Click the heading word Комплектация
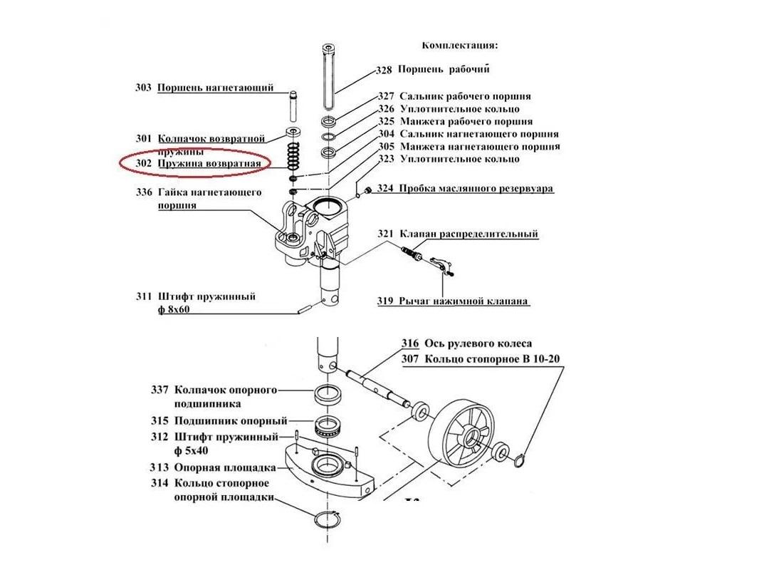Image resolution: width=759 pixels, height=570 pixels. [459, 46]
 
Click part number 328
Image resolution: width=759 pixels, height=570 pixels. [384, 71]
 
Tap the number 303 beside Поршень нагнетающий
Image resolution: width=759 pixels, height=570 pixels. [143, 88]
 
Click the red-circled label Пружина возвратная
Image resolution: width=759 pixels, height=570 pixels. [214, 164]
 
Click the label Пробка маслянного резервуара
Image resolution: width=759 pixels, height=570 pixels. [476, 189]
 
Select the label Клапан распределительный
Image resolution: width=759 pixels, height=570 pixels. [469, 234]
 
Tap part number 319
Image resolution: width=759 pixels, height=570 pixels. [385, 301]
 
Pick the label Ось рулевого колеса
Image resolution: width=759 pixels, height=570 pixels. [478, 344]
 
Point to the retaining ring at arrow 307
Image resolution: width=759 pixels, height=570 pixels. [520, 460]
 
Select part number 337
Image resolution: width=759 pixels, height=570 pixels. [159, 390]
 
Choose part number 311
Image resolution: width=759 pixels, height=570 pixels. [143, 296]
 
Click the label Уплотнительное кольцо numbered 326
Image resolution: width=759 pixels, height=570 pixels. [459, 109]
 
